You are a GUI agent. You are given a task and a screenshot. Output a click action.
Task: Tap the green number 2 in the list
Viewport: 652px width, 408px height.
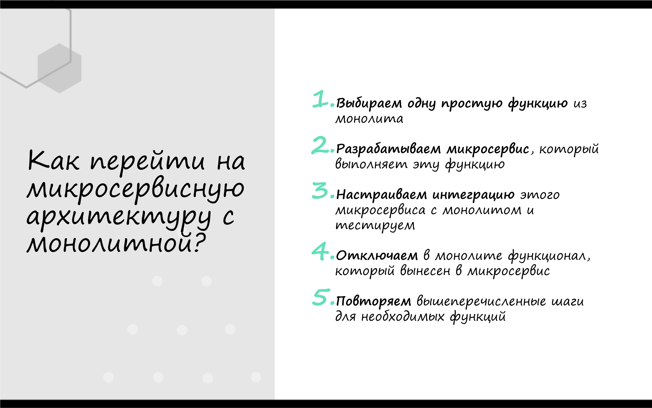320,145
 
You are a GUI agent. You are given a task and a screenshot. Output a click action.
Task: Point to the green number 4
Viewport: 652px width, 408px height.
320,252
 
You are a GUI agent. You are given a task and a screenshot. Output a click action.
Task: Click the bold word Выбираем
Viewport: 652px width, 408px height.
369,103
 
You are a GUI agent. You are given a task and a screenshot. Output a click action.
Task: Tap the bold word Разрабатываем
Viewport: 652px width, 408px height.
388,149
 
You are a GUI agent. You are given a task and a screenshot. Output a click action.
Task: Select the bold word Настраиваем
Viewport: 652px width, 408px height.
381,195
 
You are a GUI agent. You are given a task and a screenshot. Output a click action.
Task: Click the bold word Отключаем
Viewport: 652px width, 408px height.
377,255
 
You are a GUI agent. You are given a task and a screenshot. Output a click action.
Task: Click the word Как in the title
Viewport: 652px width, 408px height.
54,161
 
